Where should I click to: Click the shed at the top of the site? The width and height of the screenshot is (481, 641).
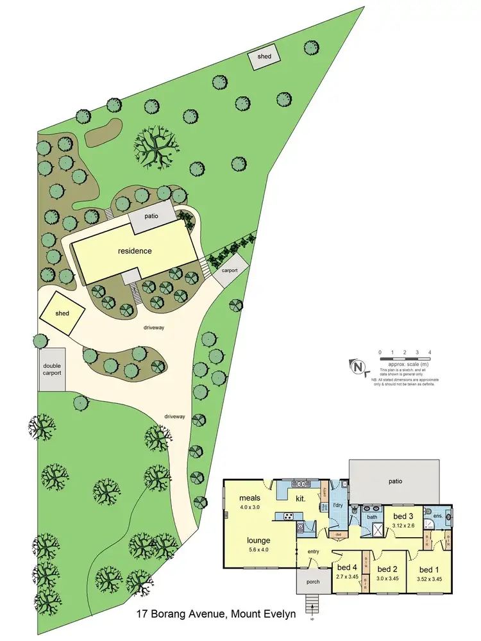coord(265,56)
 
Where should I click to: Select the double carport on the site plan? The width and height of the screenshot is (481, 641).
coord(51,370)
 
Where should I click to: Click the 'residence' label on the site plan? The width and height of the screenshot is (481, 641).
coord(135,251)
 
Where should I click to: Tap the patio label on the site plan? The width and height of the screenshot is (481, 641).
coord(151,217)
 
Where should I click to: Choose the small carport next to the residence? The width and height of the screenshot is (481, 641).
coord(230,270)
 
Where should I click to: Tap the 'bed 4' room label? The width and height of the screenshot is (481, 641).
coord(346,568)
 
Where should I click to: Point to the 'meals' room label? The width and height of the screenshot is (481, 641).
coord(249,497)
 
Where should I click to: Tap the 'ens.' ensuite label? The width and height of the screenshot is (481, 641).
coord(438,516)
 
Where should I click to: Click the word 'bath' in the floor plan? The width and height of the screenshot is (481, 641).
coord(371,517)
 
